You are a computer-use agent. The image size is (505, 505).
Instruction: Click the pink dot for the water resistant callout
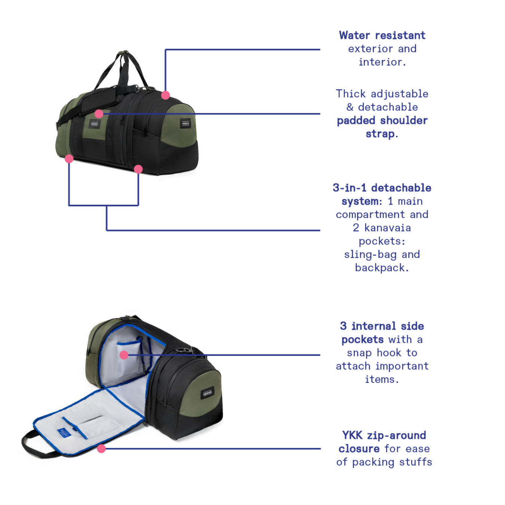[x=166, y=95]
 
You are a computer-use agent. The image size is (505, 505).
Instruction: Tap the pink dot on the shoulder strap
[x=99, y=114]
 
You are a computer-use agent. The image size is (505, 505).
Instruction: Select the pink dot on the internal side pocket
[x=124, y=355]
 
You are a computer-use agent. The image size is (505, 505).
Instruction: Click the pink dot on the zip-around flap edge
[x=101, y=449]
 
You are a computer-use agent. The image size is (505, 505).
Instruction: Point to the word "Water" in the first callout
[x=354, y=36]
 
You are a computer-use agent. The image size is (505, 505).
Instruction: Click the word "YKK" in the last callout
[x=352, y=435]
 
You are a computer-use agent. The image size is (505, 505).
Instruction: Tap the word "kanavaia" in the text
[x=388, y=228]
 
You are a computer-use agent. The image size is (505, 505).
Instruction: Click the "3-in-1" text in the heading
[x=350, y=188]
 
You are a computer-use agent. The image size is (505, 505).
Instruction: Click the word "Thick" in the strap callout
[x=351, y=94]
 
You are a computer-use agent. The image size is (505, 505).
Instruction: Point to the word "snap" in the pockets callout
[x=359, y=353]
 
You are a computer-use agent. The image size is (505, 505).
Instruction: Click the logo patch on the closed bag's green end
[x=186, y=123]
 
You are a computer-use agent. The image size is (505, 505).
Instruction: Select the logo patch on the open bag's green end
[x=208, y=393]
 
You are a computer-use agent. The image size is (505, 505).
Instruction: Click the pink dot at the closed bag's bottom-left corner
[x=69, y=159]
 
